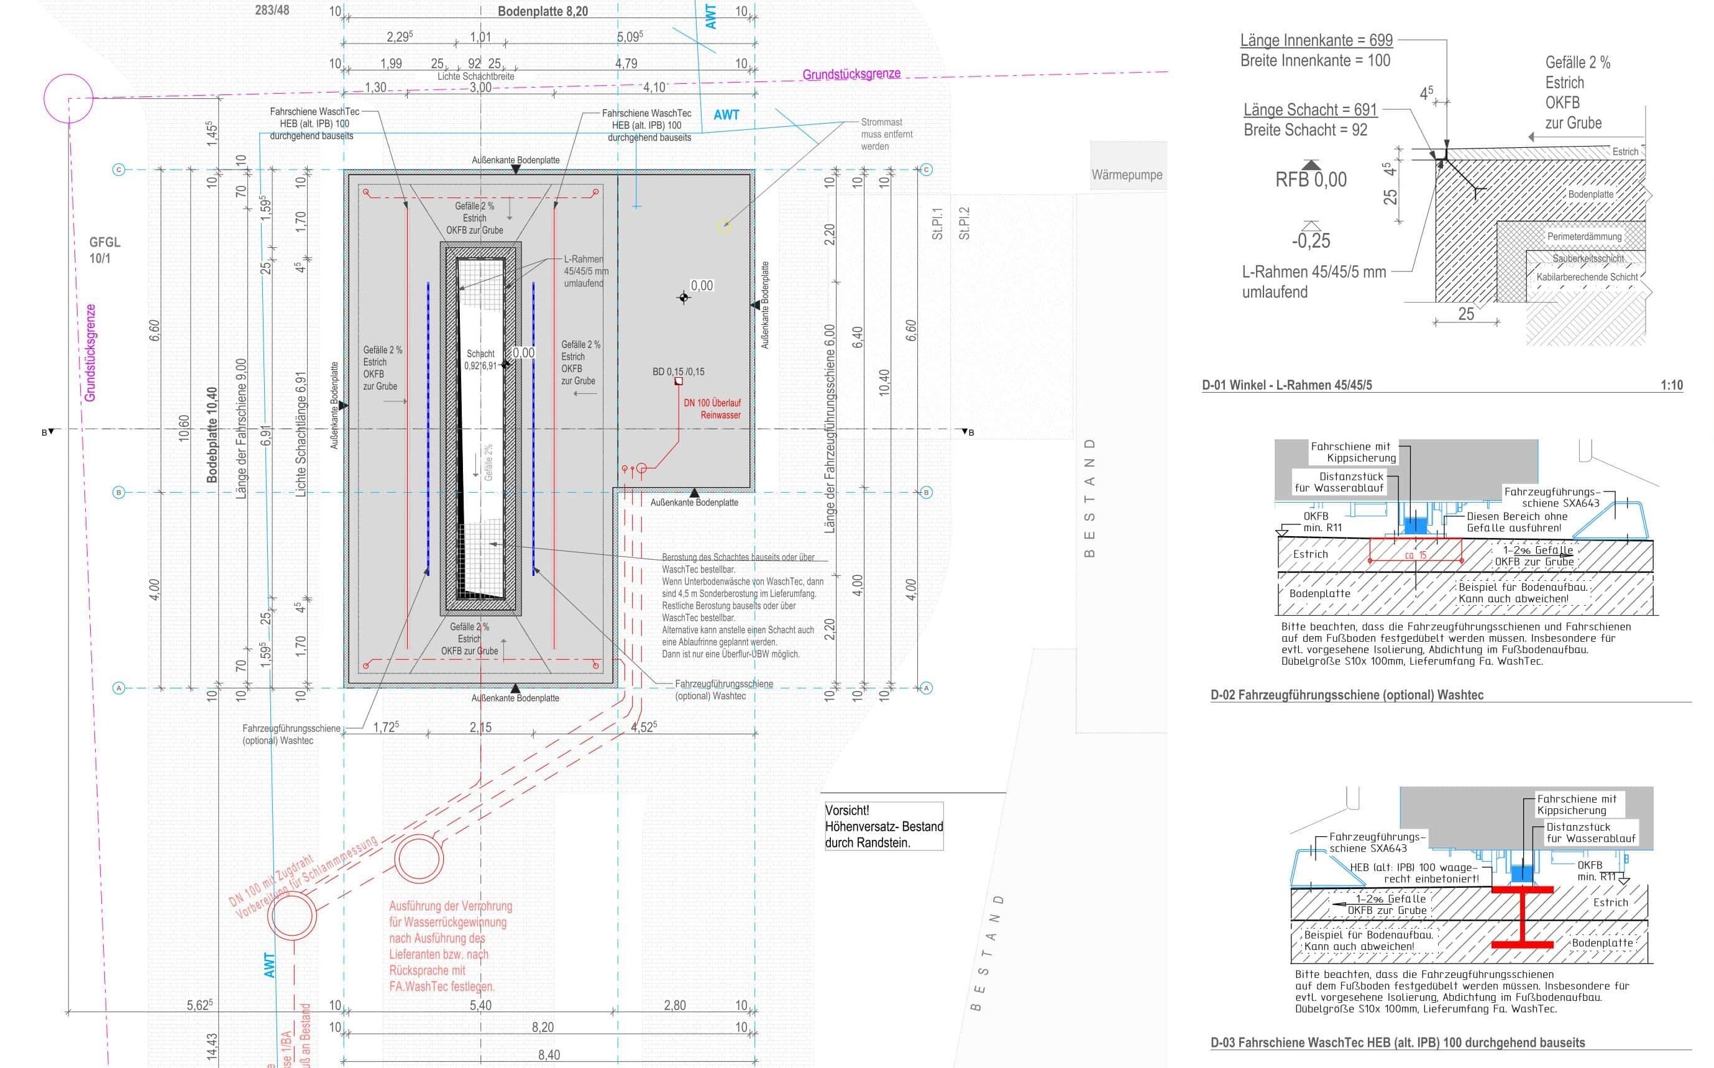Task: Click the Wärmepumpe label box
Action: pyautogui.click(x=1127, y=175)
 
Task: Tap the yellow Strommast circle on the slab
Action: pyautogui.click(x=724, y=226)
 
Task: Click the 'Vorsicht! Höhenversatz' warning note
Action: pyautogui.click(x=883, y=826)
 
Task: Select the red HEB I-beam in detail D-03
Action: pyautogui.click(x=1522, y=916)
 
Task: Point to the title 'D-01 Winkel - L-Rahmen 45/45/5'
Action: pyautogui.click(x=1286, y=385)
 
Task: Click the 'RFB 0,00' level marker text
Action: pyautogui.click(x=1311, y=180)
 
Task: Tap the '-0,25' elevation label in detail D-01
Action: pyautogui.click(x=1311, y=241)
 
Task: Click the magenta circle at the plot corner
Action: pyautogui.click(x=68, y=99)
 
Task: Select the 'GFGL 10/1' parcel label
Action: pyautogui.click(x=104, y=250)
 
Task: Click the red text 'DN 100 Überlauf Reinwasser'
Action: pyautogui.click(x=713, y=409)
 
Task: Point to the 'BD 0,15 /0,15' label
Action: pyautogui.click(x=677, y=372)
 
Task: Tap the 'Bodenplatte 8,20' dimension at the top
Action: pyautogui.click(x=542, y=11)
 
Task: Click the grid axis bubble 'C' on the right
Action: pyautogui.click(x=926, y=170)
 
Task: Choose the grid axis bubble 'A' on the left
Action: pyautogui.click(x=119, y=688)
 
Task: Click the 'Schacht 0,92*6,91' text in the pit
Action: pyautogui.click(x=480, y=360)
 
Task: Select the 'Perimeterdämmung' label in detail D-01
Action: pyautogui.click(x=1584, y=237)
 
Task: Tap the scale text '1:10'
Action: pyautogui.click(x=1672, y=385)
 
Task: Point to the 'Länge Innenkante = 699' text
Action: pyautogui.click(x=1316, y=40)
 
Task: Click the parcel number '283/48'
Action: pyautogui.click(x=272, y=10)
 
